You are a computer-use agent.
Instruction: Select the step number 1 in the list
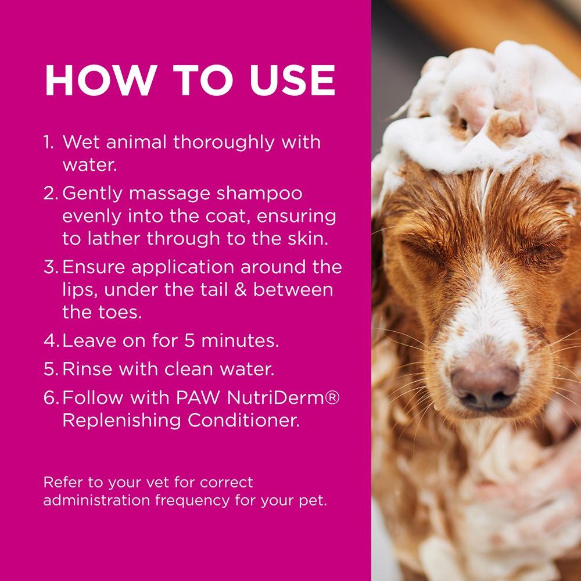point(49,142)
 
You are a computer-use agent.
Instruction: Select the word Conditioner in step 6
point(249,420)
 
